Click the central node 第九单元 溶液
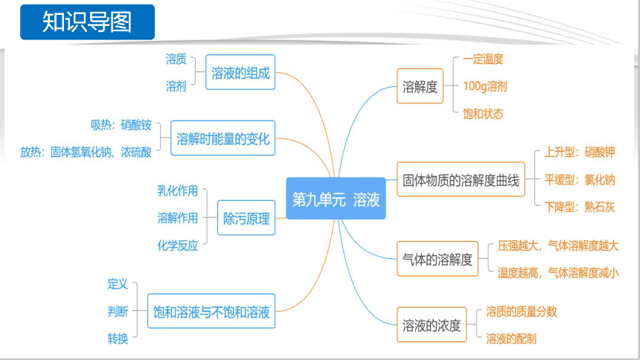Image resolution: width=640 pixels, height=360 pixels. (336, 199)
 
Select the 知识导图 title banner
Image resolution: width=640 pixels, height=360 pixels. (87, 22)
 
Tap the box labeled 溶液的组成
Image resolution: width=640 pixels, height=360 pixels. (240, 72)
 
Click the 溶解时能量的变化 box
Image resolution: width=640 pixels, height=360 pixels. (223, 138)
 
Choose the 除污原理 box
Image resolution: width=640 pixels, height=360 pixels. (246, 217)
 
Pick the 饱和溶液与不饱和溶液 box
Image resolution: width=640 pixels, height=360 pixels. (211, 311)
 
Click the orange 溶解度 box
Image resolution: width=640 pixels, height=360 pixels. (420, 86)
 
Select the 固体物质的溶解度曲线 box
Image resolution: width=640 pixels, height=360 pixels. (461, 179)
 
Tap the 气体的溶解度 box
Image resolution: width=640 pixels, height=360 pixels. (438, 259)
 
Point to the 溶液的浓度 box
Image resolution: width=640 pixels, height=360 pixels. (432, 324)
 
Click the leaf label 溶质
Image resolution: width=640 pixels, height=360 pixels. (176, 60)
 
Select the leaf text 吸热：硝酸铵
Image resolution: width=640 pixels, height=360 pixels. (121, 125)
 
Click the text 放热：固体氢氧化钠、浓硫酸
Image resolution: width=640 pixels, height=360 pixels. (86, 152)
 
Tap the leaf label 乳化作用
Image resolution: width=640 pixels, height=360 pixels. (178, 190)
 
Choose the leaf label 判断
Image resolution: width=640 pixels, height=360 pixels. (118, 312)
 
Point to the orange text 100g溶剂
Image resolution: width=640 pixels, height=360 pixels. (485, 86)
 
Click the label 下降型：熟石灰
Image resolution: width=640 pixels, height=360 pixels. (580, 207)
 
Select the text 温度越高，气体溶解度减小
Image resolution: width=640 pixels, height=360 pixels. (558, 273)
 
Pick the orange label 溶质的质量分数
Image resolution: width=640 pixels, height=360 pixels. (521, 312)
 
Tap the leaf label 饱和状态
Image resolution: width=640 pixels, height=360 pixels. (483, 114)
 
